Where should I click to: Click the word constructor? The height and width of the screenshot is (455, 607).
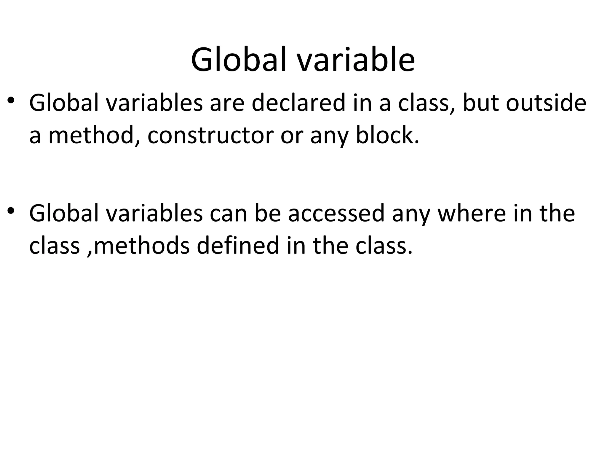(210, 136)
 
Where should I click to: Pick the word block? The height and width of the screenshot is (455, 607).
(387, 136)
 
